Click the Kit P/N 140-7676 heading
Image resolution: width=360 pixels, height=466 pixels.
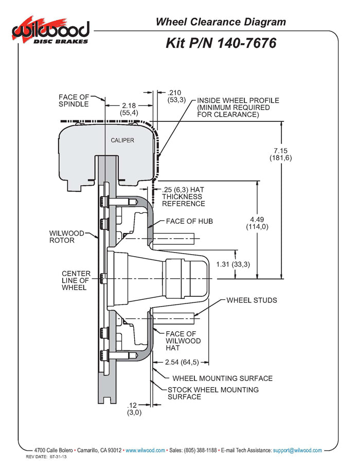pos(221,43)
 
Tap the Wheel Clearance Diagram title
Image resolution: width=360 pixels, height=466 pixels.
pos(221,22)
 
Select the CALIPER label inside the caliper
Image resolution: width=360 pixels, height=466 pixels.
pos(122,140)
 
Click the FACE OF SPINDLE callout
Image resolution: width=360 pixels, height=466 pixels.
pos(74,100)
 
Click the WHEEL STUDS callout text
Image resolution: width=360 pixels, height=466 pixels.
pos(251,300)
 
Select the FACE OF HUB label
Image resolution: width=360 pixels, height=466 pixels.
pos(189,221)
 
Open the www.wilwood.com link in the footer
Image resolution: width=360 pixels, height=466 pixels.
pos(145,450)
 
